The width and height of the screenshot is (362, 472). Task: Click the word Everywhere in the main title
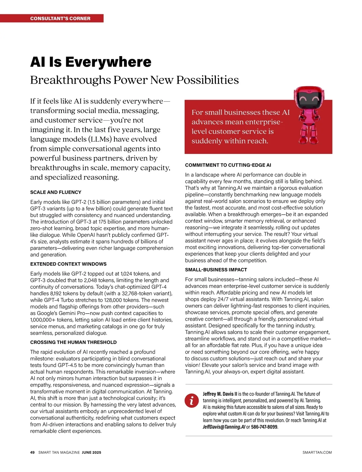point(108,62)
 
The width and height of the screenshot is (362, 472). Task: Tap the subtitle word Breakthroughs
point(71,80)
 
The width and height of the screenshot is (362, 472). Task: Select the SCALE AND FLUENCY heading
point(56,192)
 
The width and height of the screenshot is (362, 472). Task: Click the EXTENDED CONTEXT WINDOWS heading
point(68,264)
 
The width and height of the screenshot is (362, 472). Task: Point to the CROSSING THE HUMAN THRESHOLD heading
point(73,342)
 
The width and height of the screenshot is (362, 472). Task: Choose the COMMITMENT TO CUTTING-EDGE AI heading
point(228,165)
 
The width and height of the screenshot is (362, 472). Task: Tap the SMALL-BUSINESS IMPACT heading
point(216,270)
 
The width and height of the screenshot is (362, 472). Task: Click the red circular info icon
point(191,400)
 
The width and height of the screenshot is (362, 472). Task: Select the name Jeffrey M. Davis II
point(220,394)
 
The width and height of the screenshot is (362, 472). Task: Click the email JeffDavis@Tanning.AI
point(224,427)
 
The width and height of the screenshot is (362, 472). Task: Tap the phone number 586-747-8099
point(264,427)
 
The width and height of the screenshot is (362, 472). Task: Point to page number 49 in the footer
point(33,452)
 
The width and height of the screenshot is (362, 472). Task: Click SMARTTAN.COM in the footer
point(317,452)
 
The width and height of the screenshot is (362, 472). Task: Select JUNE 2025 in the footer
point(91,452)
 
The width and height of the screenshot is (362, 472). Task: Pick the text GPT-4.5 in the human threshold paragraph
point(68,365)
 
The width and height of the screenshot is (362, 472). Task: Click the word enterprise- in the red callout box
point(264,122)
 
